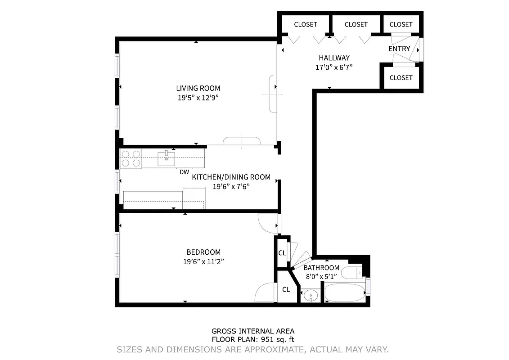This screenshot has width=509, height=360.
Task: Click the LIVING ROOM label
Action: (198, 88)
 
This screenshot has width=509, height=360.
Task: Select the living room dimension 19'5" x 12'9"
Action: (198, 97)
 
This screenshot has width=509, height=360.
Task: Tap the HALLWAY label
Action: (334, 58)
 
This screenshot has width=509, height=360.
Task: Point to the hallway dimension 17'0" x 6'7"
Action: (334, 67)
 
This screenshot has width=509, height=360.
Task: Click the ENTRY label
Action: (399, 49)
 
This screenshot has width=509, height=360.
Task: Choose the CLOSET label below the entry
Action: (401, 77)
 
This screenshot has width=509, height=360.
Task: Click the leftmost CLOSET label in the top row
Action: (305, 24)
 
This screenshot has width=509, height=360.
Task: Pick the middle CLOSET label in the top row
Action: (356, 24)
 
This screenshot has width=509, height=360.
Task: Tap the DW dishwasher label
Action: (184, 172)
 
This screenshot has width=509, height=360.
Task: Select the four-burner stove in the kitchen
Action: (131, 158)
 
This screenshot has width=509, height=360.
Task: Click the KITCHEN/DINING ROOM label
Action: (231, 177)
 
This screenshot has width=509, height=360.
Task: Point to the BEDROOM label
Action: (203, 252)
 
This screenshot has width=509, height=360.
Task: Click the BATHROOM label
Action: (321, 268)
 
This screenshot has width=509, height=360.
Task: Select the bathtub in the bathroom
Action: (345, 293)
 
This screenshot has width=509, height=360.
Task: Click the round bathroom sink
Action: (310, 296)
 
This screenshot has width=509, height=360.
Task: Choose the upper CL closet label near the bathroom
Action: (282, 253)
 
